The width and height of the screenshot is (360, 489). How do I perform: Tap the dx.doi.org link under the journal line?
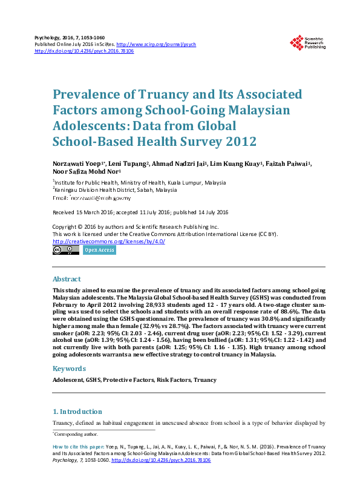(84, 51)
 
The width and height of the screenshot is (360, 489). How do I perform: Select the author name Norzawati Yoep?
(74, 164)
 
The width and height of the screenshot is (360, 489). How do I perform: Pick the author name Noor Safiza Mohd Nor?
(79, 172)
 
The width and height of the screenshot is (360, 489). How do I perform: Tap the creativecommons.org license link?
(109, 241)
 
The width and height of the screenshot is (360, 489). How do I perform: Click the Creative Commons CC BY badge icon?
(66, 250)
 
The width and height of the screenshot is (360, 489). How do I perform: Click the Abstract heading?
(67, 279)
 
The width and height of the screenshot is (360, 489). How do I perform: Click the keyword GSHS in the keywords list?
(93, 380)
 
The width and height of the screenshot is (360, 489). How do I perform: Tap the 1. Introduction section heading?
(77, 411)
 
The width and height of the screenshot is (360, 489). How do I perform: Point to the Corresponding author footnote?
(76, 433)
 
